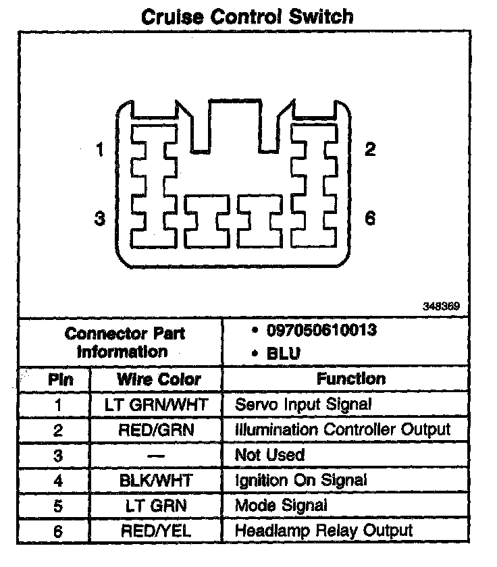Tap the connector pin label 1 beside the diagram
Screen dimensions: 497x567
point(100,150)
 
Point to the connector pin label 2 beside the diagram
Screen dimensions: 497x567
point(369,149)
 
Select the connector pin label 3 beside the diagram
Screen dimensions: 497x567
point(100,219)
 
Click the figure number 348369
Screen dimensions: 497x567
point(442,306)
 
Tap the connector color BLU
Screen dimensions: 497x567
point(283,353)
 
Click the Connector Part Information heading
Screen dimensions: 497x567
point(124,342)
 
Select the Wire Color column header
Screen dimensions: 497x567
point(159,379)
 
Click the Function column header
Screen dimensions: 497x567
point(351,379)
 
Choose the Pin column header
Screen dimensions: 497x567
point(59,379)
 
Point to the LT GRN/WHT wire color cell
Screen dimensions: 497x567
point(157,405)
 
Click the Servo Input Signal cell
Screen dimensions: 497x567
point(303,405)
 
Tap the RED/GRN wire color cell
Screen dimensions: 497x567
point(157,430)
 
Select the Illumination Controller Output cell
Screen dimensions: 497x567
point(342,429)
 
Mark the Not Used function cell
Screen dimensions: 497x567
point(269,455)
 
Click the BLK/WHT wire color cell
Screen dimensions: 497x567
point(157,480)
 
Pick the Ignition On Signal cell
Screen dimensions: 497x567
point(300,480)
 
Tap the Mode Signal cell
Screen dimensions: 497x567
point(281,505)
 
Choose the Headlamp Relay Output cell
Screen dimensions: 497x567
point(323,531)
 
